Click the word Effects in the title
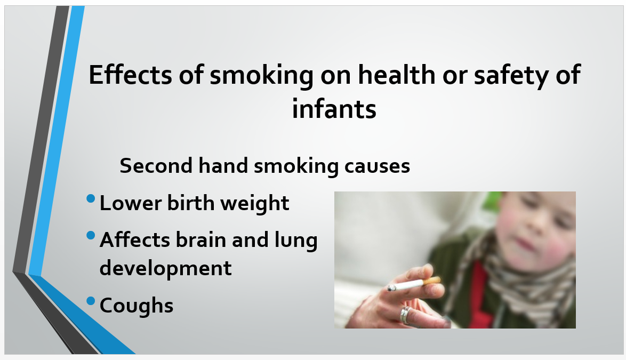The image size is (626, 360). click(x=130, y=75)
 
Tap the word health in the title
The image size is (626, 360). click(x=396, y=75)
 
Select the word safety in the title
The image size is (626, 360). click(x=511, y=76)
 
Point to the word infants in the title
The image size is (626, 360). click(x=334, y=109)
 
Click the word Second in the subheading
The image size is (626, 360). click(x=156, y=166)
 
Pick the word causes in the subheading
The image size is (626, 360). click(x=377, y=166)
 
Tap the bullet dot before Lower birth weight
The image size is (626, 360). click(x=91, y=198)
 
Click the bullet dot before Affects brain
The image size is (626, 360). click(x=91, y=236)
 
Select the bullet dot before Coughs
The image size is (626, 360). click(x=91, y=301)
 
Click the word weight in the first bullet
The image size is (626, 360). click(x=255, y=204)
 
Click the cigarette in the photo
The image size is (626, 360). click(x=414, y=284)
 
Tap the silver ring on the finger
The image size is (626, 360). click(x=405, y=315)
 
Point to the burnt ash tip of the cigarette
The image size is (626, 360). click(x=391, y=288)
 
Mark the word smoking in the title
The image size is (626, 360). click(x=261, y=76)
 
